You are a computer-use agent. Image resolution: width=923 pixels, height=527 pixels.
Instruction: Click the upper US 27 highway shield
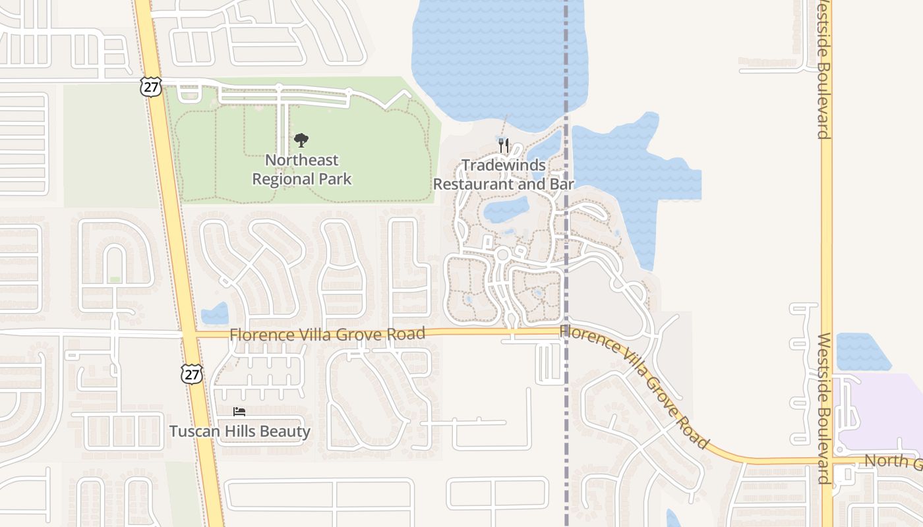pos(150,87)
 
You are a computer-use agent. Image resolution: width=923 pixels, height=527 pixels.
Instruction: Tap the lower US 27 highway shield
pos(191,374)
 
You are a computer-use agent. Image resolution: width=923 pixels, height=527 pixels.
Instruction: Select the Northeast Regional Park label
pos(302,169)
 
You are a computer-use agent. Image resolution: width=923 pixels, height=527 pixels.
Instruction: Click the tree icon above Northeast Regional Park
pos(301,140)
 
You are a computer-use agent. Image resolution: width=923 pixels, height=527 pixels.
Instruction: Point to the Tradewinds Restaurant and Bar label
pos(504,175)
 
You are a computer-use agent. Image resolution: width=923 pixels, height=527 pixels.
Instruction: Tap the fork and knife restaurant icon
pos(504,145)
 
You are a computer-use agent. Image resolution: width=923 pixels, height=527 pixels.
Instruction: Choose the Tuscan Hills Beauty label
pos(240,431)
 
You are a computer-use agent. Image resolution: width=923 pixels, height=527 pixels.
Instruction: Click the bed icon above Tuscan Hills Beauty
pos(239,412)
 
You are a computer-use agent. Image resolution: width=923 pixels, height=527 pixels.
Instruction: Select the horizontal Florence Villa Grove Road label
pos(327,335)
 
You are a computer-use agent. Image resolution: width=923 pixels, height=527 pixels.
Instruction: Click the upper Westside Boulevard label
pos(823,69)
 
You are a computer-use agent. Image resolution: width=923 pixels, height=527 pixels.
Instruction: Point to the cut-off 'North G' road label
pos(893,460)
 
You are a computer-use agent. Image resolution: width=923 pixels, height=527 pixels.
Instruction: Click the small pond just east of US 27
pos(215,314)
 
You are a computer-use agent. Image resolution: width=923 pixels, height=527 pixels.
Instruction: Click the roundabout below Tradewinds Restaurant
pos(502,254)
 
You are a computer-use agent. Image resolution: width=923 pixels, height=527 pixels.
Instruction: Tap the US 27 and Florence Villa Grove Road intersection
pos(189,335)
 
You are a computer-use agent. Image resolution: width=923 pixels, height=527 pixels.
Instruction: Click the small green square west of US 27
pos(115,280)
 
